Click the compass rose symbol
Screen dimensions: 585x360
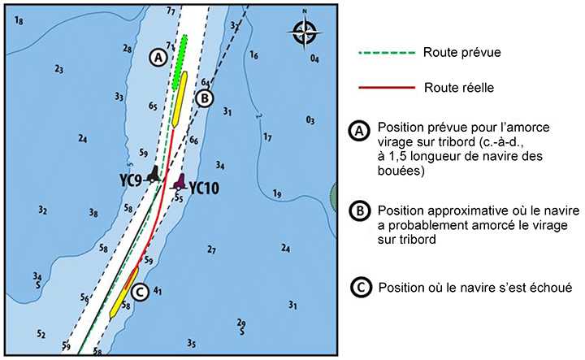(305, 31)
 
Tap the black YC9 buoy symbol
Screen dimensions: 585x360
(153, 174)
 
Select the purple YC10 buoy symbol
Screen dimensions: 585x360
(180, 182)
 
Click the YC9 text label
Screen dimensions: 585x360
(131, 181)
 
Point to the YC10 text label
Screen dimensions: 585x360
(204, 189)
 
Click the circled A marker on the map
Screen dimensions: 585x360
(158, 58)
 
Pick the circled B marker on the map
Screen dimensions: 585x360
(205, 99)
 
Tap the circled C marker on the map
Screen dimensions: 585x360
(140, 292)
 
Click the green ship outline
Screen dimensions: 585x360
(180, 63)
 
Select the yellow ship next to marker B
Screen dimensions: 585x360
(180, 99)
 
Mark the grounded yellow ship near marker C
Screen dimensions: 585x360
(124, 292)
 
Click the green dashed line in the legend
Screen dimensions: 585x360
(387, 53)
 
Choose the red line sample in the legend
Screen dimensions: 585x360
(387, 88)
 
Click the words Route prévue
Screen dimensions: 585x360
(461, 52)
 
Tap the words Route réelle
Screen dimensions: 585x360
(459, 88)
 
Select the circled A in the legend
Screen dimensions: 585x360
(359, 132)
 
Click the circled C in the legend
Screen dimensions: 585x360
(361, 287)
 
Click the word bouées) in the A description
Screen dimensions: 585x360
(401, 171)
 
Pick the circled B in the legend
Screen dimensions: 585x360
(360, 211)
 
